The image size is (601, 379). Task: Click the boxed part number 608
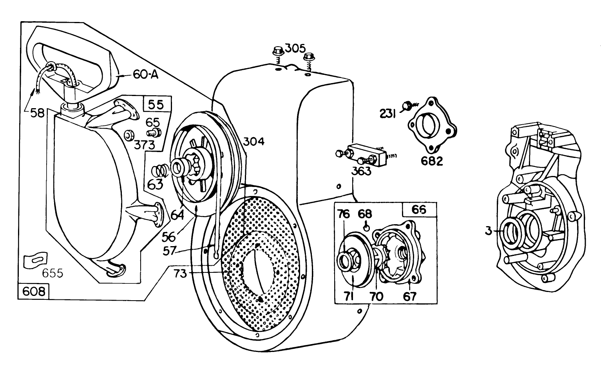pos(33,291)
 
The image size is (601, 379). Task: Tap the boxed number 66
pos(419,209)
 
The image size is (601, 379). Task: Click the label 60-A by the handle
pos(145,74)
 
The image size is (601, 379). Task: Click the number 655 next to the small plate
pos(52,272)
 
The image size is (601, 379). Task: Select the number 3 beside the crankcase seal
pos(488,231)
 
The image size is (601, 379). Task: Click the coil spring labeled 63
pos(161,171)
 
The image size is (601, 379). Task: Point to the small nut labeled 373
pos(129,135)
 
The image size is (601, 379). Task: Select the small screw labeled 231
pos(407,105)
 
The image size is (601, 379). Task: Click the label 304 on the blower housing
pos(253,141)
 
